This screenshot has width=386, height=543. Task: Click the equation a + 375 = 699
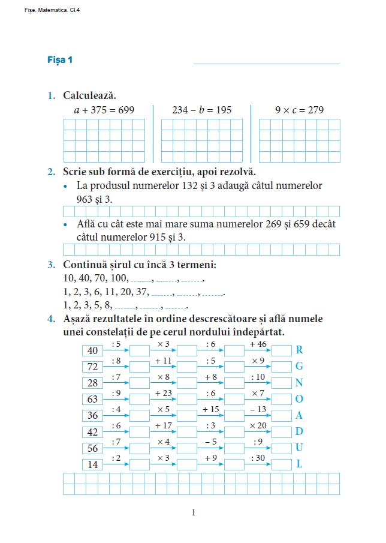coord(104,110)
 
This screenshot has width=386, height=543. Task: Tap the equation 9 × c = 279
coord(299,110)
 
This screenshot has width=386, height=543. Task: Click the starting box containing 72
coord(92,367)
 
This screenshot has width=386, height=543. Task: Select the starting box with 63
coord(92,399)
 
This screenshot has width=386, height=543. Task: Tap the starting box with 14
coord(92,464)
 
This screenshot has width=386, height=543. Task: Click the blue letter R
coord(300,350)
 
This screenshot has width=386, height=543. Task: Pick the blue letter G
coord(300,366)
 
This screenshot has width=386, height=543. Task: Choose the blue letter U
coord(300,448)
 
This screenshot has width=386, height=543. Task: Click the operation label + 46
coord(258,344)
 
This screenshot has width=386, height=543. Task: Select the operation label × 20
coord(258,425)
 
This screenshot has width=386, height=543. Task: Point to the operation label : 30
coord(258,458)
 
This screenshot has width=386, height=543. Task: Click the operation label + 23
coord(164,393)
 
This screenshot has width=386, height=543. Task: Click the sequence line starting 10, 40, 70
coord(134,278)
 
